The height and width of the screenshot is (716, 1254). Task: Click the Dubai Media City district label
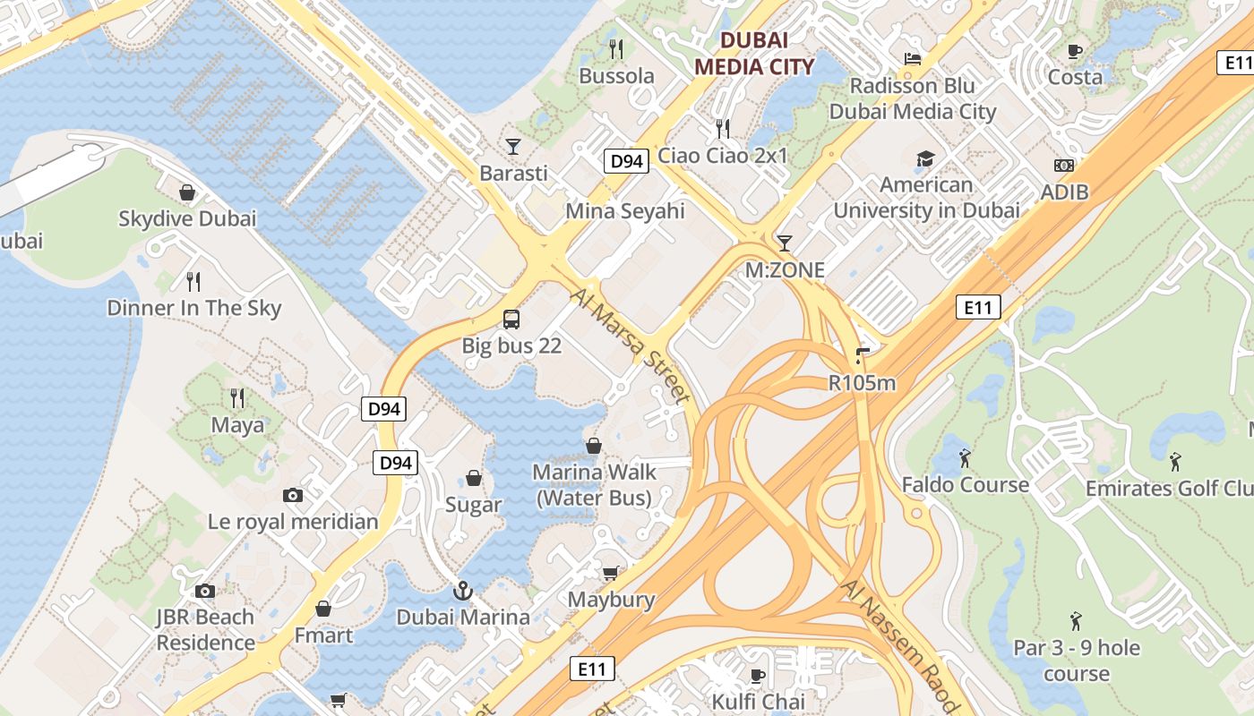pyautogui.click(x=754, y=53)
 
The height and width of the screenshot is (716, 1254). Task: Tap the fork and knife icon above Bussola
pyautogui.click(x=616, y=48)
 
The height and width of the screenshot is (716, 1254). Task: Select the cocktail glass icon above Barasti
pyautogui.click(x=513, y=146)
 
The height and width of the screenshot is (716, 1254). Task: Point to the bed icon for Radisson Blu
pyautogui.click(x=912, y=59)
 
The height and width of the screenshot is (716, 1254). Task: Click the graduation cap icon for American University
pyautogui.click(x=925, y=159)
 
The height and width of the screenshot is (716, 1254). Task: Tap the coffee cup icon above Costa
pyautogui.click(x=1075, y=51)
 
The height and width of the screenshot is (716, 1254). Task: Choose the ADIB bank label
pyautogui.click(x=1064, y=192)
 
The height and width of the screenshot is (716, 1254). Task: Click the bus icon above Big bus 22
pyautogui.click(x=511, y=319)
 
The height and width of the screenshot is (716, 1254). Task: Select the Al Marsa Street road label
pyautogui.click(x=631, y=344)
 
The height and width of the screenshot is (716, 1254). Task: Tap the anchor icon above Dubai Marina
pyautogui.click(x=463, y=590)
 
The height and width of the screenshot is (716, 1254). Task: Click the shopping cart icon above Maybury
pyautogui.click(x=611, y=573)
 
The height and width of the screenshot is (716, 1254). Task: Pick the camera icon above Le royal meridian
pyautogui.click(x=293, y=495)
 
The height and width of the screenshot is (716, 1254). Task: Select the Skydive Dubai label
pyautogui.click(x=187, y=218)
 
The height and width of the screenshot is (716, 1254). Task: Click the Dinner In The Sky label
pyautogui.click(x=193, y=308)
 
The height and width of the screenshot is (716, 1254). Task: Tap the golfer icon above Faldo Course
pyautogui.click(x=965, y=458)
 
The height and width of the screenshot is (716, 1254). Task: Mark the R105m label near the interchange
pyautogui.click(x=862, y=383)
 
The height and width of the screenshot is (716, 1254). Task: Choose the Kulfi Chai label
pyautogui.click(x=758, y=701)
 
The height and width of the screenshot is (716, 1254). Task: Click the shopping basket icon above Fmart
pyautogui.click(x=323, y=609)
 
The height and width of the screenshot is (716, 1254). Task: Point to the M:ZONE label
pyautogui.click(x=785, y=269)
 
